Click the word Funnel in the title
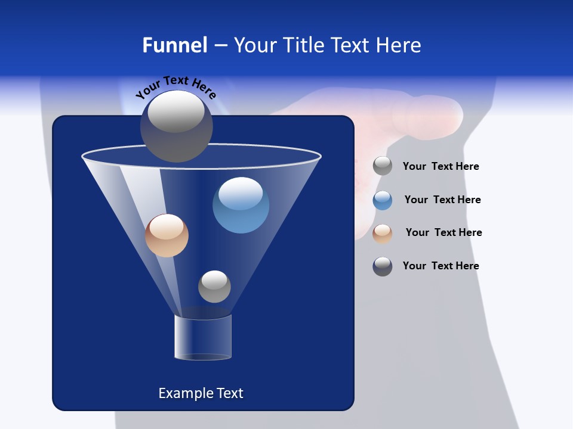174,45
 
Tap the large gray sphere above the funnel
176,126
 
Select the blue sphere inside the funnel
241,205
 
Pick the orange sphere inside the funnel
167,235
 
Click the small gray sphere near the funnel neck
214,286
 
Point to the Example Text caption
201,393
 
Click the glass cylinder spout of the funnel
203,338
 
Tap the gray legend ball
383,166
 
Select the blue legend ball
383,200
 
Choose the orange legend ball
383,234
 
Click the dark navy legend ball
383,266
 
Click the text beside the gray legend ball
440,166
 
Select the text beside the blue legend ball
442,200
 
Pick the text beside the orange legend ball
443,232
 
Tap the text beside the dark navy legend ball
440,266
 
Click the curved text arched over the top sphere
176,85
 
